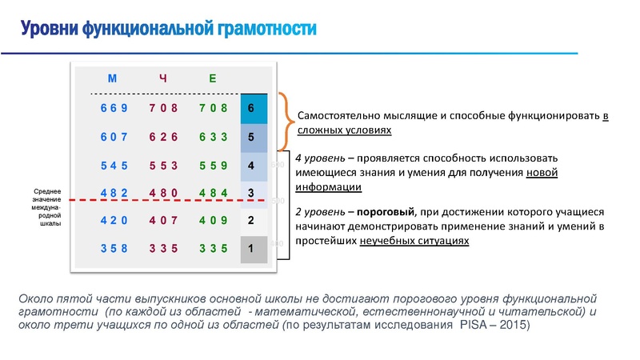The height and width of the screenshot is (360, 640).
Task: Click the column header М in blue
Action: point(113,78)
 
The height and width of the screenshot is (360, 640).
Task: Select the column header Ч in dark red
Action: point(162,78)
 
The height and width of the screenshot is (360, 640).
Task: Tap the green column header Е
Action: point(212,78)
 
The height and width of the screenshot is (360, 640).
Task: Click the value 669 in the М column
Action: point(114,108)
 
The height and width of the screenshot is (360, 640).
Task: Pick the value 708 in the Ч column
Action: point(163,108)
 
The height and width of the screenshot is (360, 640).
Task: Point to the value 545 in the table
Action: point(114,166)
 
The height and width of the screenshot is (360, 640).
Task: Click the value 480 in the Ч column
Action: point(163,193)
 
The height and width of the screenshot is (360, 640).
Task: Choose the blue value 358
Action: point(114,249)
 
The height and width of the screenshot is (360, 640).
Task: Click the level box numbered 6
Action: point(251,108)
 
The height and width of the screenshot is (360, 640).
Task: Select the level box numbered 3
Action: point(251,193)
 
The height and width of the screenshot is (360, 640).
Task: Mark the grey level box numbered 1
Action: point(251,249)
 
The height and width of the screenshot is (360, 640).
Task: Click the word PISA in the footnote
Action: point(477,326)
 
